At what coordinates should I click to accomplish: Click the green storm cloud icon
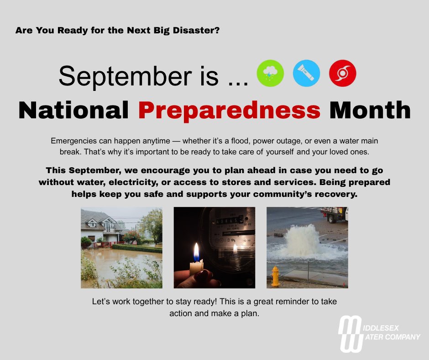tap(270, 74)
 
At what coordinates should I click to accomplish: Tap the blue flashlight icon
tap(306, 74)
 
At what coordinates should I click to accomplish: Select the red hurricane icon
tap(342, 74)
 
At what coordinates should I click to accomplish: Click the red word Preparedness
tap(230, 110)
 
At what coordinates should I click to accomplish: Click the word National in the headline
tap(73, 110)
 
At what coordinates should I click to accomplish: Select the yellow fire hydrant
tap(275, 276)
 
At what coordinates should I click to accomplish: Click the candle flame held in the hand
tap(197, 253)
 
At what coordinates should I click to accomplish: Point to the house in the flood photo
tap(101, 226)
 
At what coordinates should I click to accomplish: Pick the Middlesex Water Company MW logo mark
tap(350, 334)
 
